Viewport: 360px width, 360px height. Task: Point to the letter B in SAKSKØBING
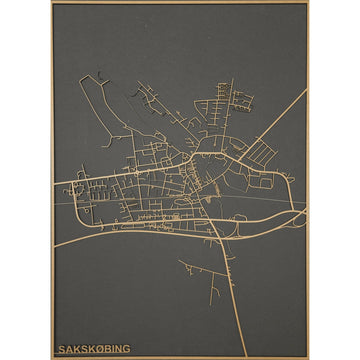[x=104, y=348]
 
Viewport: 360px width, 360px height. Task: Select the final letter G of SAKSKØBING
[x=126, y=348]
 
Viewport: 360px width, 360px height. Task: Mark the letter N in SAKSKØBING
[x=117, y=348]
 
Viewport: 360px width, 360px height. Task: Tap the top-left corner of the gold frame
[x=51, y=3]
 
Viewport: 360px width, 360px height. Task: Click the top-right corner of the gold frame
[x=308, y=3]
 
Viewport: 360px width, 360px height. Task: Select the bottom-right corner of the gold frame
[x=308, y=357]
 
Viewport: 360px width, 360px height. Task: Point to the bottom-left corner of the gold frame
[x=51, y=357]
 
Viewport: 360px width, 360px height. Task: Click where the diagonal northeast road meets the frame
[x=305, y=89]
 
